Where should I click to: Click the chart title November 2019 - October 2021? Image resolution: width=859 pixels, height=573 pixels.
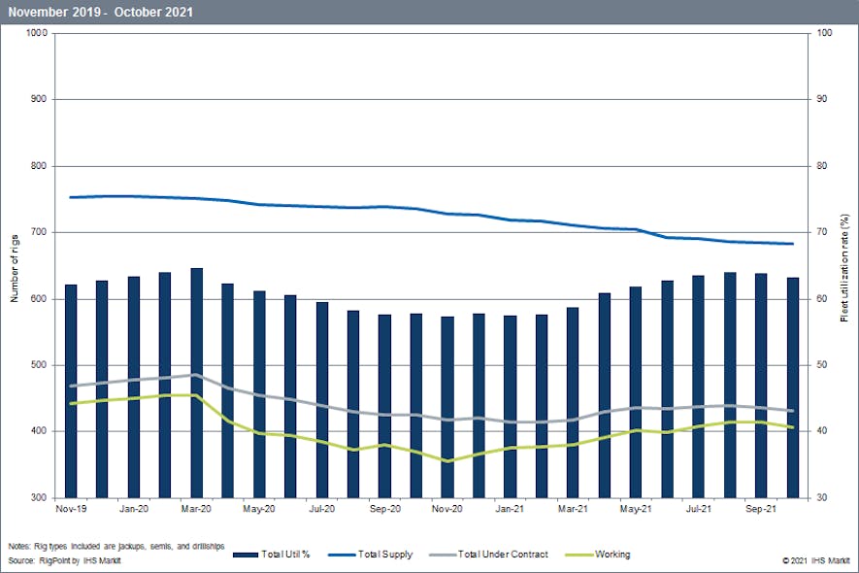tap(100, 12)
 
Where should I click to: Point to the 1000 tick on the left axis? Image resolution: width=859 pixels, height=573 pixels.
tap(37, 33)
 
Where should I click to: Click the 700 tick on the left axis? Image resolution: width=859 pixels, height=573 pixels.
tap(39, 232)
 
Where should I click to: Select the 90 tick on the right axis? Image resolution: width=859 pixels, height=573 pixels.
tap(820, 99)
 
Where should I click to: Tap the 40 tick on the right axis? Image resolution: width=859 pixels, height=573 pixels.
tap(820, 431)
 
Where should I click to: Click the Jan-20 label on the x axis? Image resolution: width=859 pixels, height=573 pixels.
tap(133, 508)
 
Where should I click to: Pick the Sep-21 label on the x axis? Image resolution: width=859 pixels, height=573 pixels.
tap(760, 508)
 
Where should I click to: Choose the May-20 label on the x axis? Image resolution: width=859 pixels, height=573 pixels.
tap(258, 508)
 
